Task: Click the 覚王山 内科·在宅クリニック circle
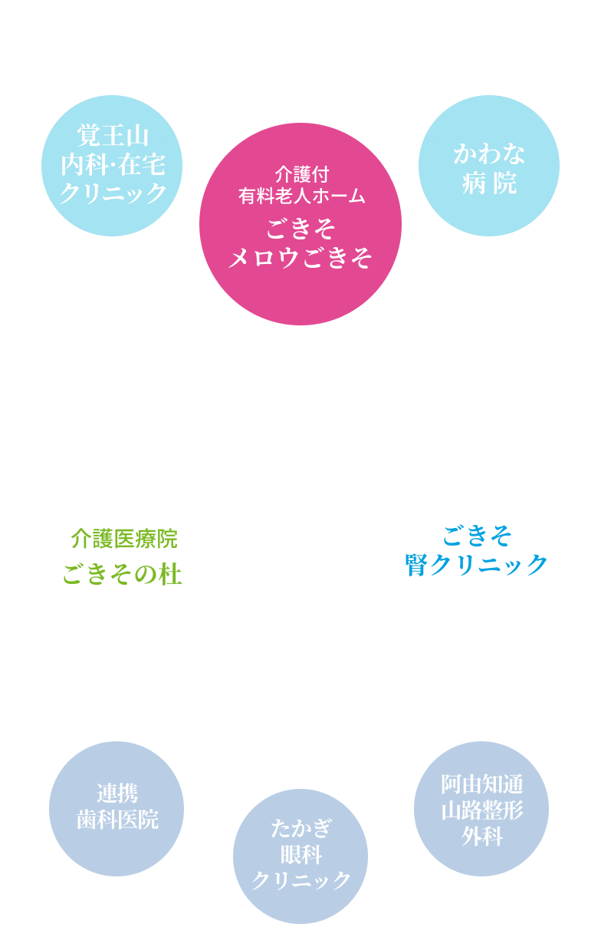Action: (x=112, y=164)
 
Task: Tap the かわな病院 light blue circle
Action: (x=489, y=166)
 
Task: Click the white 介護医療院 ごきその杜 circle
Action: (x=124, y=553)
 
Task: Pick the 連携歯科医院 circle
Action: (x=117, y=808)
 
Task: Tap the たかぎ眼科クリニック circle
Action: (x=300, y=855)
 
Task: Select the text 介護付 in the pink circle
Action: (x=300, y=173)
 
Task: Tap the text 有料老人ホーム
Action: (x=300, y=196)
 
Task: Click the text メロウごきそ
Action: (x=300, y=258)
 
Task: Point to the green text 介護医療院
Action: (x=124, y=539)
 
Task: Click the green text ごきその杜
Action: (x=123, y=574)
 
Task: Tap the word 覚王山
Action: (x=112, y=137)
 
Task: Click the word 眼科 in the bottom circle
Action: (x=300, y=854)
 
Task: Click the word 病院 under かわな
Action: (x=489, y=183)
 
